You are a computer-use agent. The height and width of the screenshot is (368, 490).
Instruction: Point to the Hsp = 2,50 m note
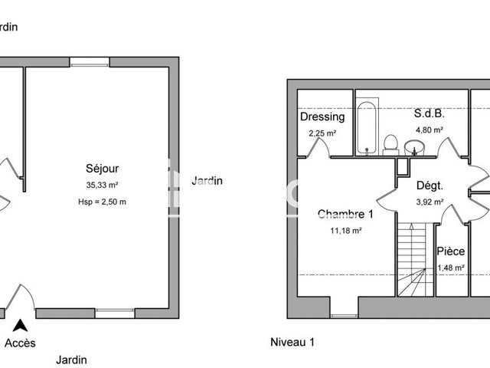[102, 202]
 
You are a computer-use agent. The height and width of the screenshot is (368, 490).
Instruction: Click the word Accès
[20, 343]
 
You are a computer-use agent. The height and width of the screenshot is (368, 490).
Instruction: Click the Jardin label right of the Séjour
[207, 181]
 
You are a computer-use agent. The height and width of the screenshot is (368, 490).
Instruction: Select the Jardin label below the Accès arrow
[70, 359]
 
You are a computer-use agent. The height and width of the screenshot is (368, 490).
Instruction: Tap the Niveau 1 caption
[292, 341]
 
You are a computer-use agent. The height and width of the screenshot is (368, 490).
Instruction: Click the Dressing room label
[322, 117]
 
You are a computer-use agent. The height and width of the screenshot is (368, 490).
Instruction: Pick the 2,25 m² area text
[322, 133]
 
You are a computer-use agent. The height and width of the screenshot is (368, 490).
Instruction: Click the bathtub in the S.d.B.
[368, 127]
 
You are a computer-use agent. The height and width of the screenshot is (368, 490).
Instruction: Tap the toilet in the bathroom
[390, 143]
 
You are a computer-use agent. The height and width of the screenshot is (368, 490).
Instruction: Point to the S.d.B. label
[429, 113]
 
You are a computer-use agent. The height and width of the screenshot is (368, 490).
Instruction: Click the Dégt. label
[430, 186]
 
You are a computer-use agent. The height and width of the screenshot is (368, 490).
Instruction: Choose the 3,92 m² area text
[430, 202]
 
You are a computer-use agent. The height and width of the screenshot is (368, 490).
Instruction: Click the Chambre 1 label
[345, 214]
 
